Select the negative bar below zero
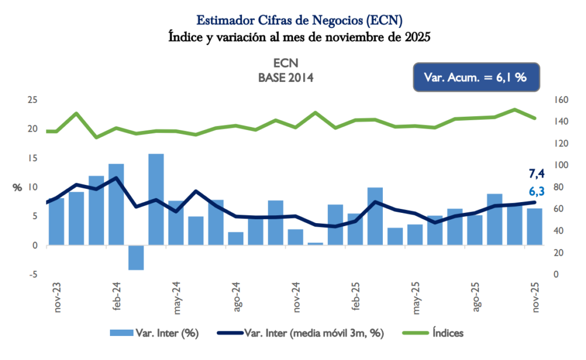136,258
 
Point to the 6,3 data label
536,191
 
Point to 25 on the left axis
33,100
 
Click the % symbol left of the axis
17,188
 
